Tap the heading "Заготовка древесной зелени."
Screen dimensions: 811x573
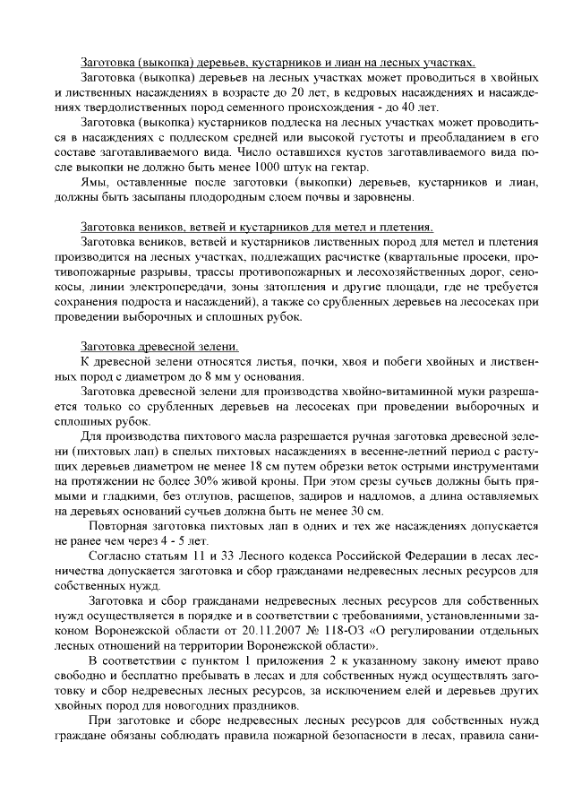pyautogui.click(x=159, y=346)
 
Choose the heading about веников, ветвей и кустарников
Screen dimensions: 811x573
pyautogui.click(x=256, y=226)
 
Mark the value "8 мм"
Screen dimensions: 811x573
pyautogui.click(x=204, y=376)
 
